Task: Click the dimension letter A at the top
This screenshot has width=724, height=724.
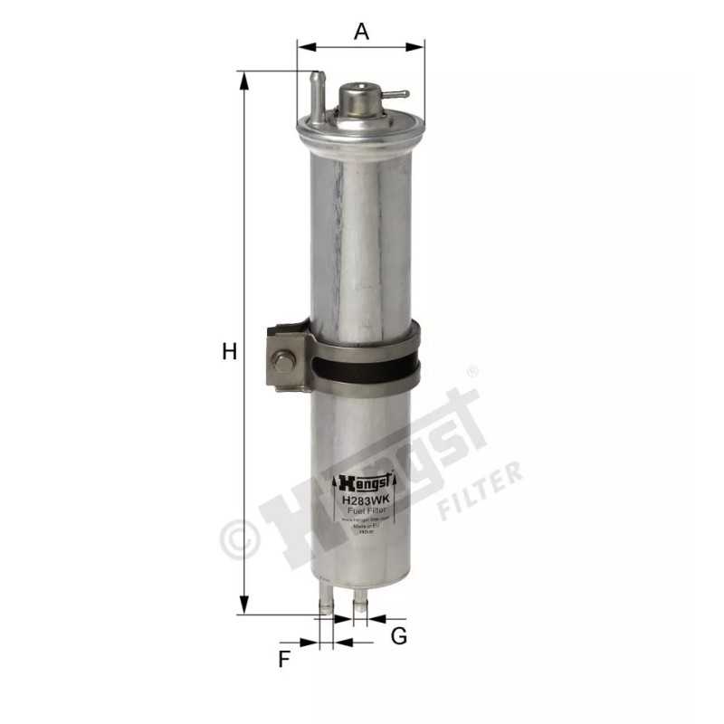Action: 361,31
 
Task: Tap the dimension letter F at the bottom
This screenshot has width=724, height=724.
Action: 283,659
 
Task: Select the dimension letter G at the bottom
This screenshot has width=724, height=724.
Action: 398,636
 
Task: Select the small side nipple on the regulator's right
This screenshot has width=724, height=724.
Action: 396,93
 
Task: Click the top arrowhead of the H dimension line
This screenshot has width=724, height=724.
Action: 243,80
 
